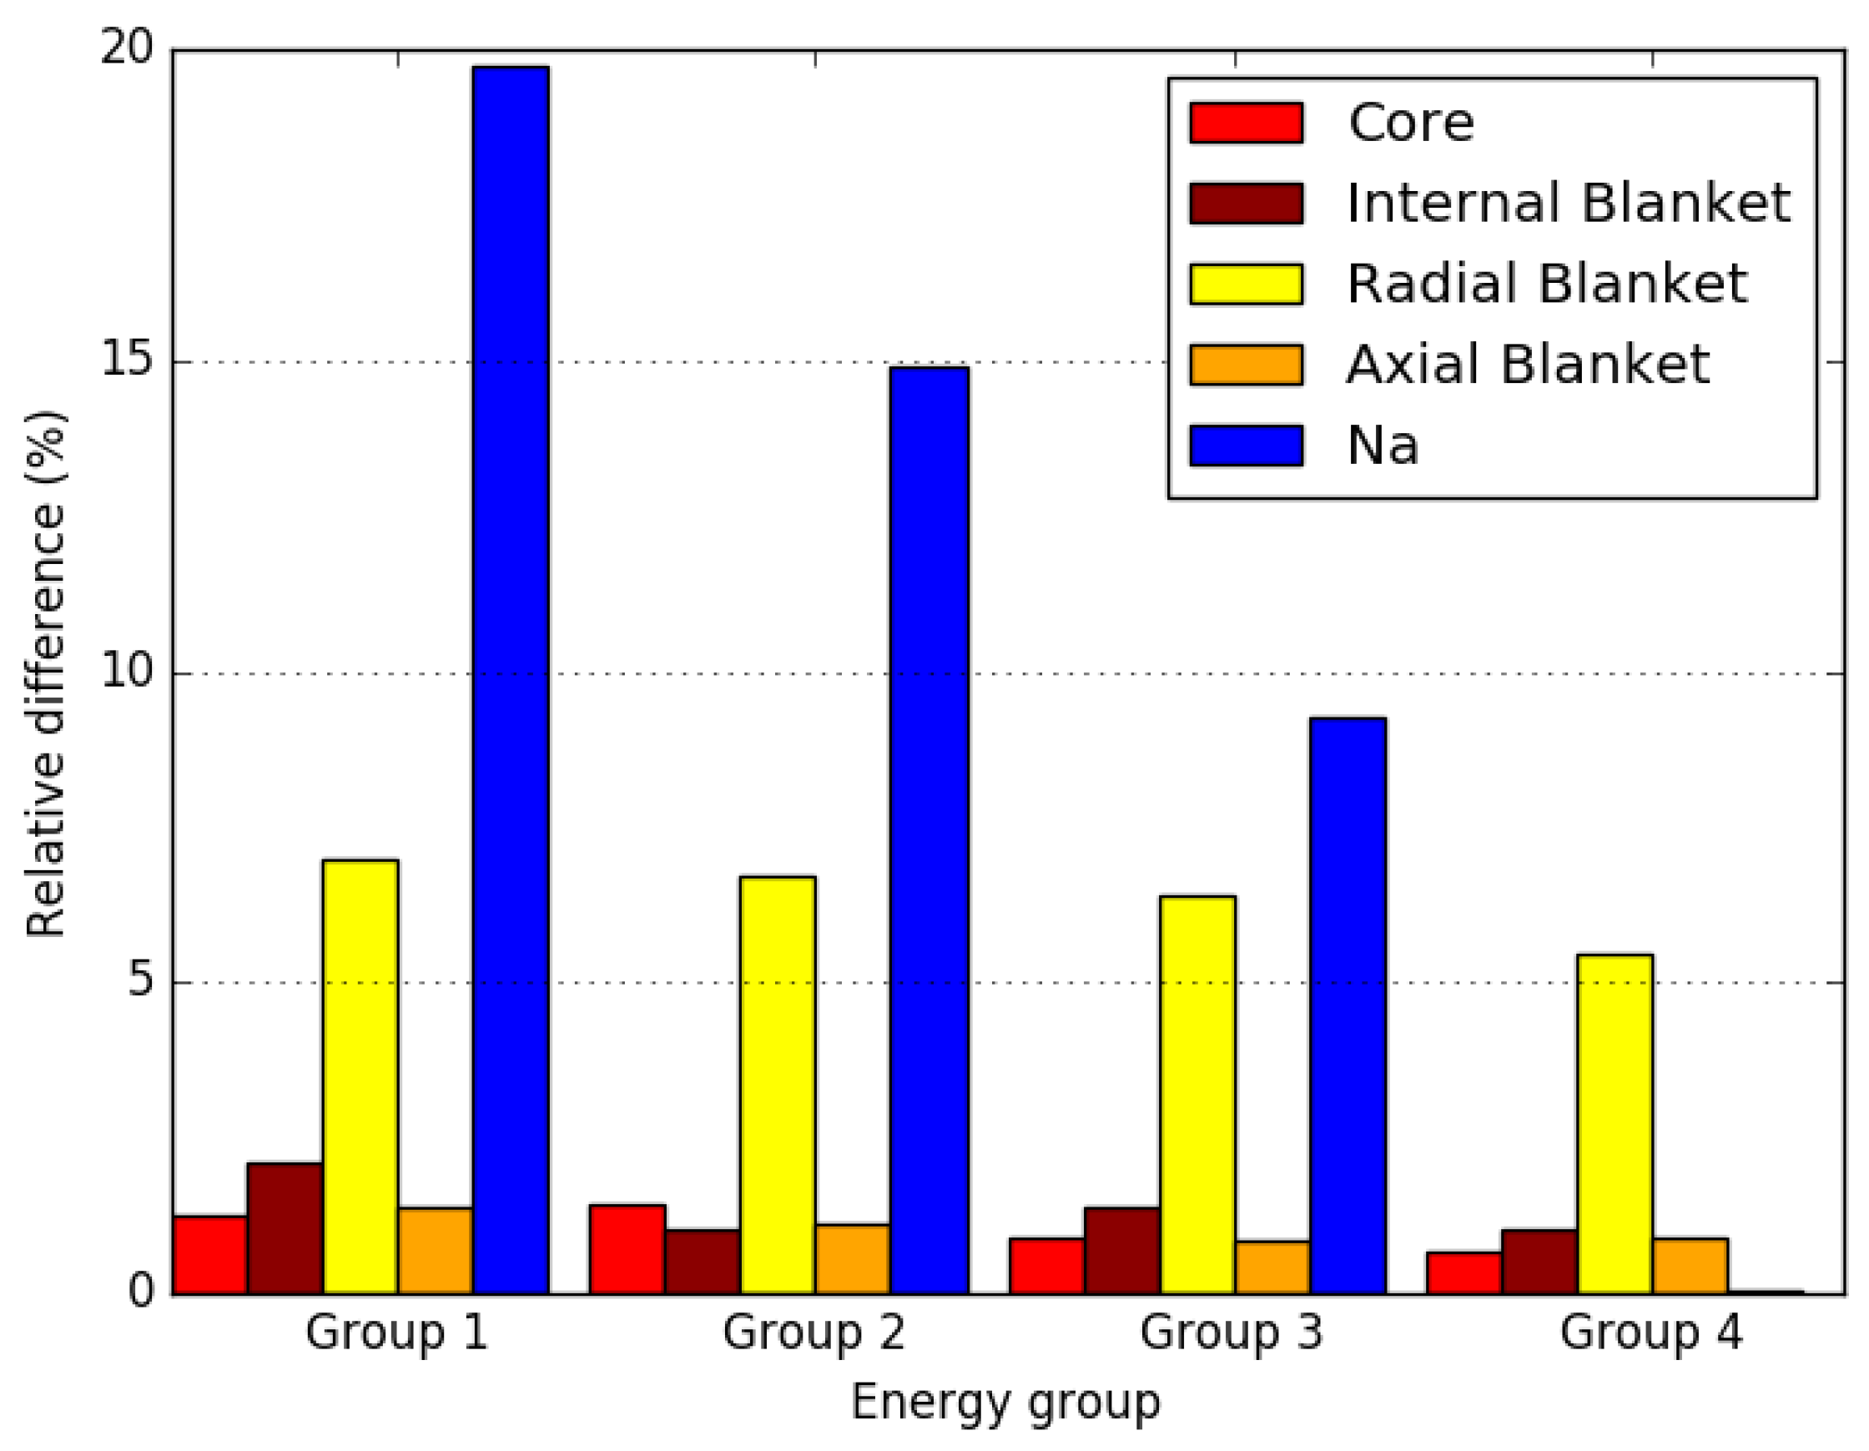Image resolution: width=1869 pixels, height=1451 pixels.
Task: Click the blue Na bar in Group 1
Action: click(x=511, y=680)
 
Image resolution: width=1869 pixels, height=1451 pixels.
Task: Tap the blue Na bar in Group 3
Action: click(x=1348, y=1005)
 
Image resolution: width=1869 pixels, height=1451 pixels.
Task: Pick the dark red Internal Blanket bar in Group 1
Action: click(x=285, y=1227)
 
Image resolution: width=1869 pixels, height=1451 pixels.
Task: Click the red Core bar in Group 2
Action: click(x=627, y=1249)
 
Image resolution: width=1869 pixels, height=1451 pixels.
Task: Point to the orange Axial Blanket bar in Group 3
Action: click(x=1272, y=1267)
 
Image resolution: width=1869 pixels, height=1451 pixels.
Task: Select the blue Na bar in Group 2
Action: click(x=929, y=830)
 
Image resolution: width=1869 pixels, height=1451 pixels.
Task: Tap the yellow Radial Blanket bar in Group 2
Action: click(x=778, y=1085)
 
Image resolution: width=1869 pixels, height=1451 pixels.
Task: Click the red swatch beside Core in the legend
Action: click(x=1246, y=123)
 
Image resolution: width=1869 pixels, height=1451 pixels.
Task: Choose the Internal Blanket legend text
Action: click(x=1568, y=204)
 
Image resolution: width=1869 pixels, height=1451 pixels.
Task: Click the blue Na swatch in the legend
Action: click(x=1246, y=446)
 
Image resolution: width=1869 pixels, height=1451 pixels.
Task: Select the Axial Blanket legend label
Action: click(x=1528, y=365)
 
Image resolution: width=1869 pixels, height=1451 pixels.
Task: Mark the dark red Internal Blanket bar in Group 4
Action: click(x=1539, y=1262)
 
